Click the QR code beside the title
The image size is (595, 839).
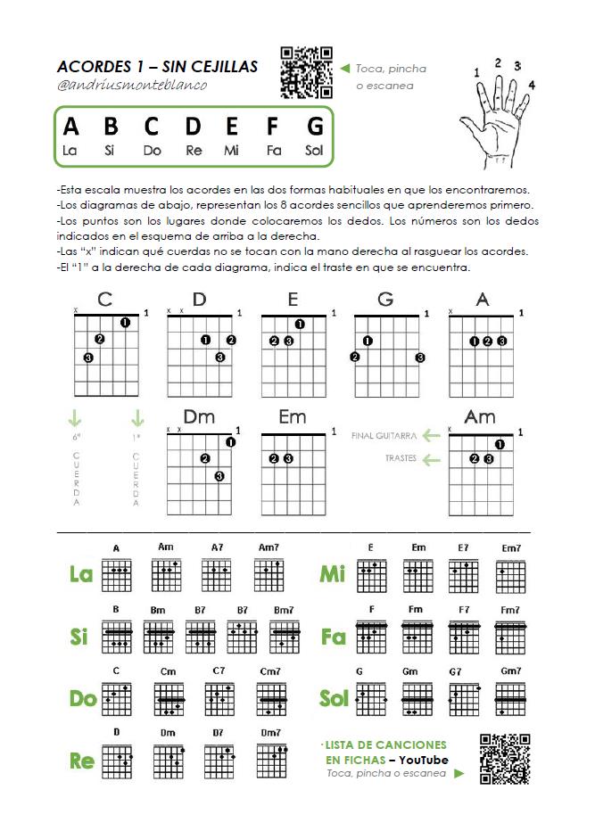307,71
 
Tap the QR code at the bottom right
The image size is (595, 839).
505,759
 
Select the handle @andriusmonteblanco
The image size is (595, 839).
131,86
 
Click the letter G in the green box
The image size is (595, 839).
314,127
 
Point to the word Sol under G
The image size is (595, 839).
314,151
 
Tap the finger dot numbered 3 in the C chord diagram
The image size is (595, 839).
88,358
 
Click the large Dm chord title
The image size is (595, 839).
199,416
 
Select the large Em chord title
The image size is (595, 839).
293,416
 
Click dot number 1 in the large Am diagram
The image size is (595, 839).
500,444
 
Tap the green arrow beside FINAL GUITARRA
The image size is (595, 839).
432,435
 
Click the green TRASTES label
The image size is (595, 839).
401,459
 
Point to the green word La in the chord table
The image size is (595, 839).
81,575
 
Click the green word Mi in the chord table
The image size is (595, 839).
333,575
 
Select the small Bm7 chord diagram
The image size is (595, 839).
285,637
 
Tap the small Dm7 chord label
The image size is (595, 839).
270,733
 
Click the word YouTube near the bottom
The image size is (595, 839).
424,759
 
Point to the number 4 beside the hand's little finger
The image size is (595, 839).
532,86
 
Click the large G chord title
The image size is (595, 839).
386,300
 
